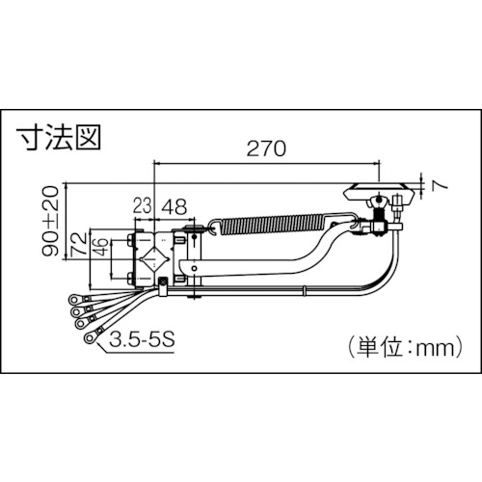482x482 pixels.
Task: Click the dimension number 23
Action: [142, 205]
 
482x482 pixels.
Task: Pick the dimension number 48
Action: [174, 205]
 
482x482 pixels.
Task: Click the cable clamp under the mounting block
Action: [165, 286]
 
